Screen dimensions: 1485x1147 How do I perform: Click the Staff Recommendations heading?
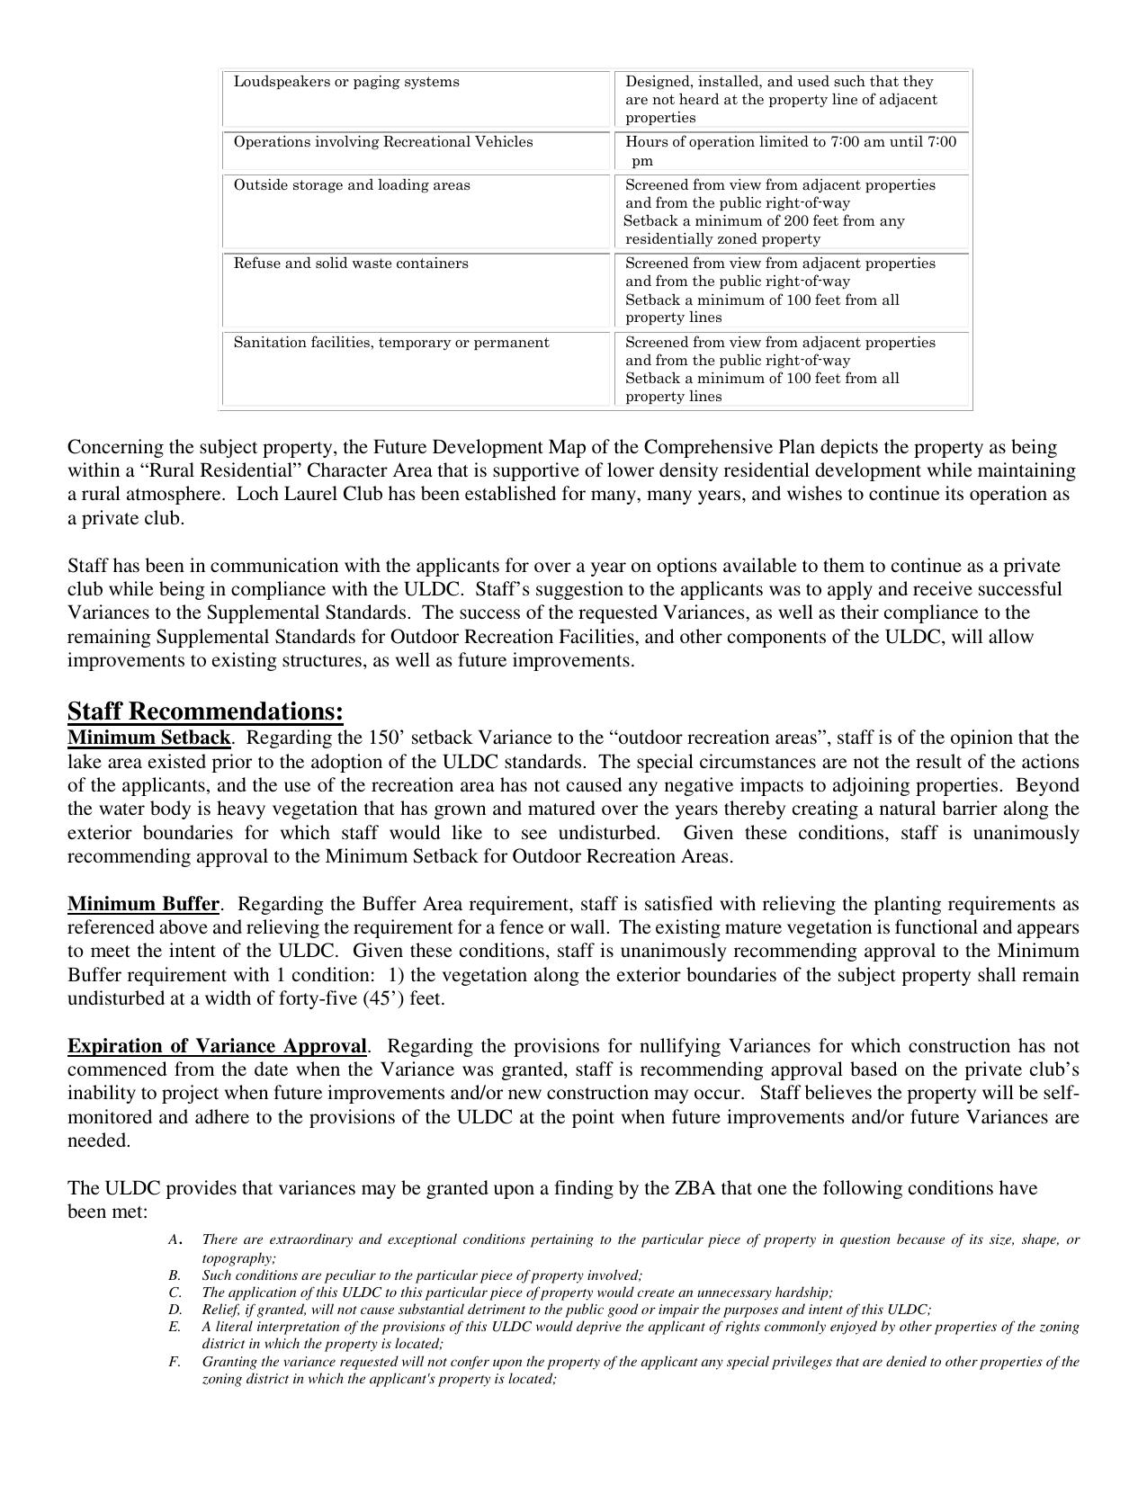point(205,712)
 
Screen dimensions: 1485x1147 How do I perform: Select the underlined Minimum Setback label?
point(148,738)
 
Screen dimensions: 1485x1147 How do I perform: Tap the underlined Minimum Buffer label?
point(143,904)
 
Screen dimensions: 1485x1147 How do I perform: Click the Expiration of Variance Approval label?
point(217,1046)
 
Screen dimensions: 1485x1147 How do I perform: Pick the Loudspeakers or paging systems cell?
point(346,82)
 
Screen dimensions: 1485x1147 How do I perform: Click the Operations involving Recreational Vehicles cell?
point(383,142)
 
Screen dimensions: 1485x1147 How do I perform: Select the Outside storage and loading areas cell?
point(352,185)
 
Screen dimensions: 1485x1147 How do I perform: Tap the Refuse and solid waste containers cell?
point(351,264)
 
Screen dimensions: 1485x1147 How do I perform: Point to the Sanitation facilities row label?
point(391,343)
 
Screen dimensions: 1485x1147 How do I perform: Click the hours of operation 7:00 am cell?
point(791,142)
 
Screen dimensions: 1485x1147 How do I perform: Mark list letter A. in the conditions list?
point(175,1240)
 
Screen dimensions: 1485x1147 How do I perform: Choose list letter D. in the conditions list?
point(175,1310)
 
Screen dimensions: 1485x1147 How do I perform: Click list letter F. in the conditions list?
point(175,1362)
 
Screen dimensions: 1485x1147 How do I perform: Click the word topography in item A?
point(237,1258)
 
